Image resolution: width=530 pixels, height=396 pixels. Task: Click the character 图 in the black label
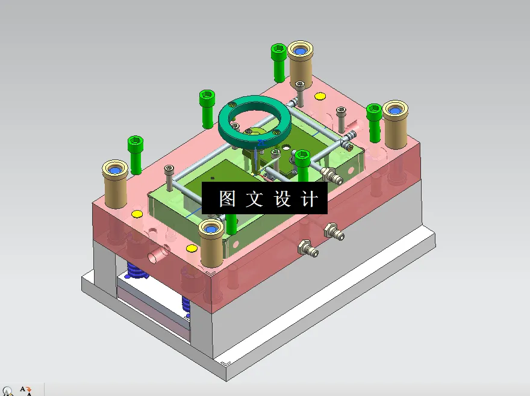[227, 199]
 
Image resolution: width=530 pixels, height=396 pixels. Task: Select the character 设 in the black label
[282, 199]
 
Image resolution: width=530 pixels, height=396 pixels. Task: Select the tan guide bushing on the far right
[396, 123]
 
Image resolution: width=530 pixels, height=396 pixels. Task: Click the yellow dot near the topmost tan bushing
[320, 96]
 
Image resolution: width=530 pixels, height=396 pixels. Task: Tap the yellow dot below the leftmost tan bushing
[137, 214]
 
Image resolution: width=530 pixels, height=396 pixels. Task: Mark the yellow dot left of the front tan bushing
[192, 248]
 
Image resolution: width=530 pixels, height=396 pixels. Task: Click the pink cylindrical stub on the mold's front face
[156, 256]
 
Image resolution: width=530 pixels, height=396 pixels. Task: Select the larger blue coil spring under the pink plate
[138, 271]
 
